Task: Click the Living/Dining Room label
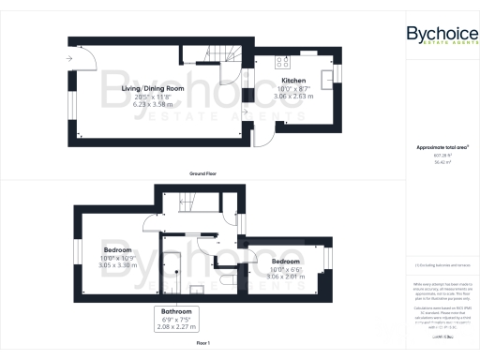coord(152,88)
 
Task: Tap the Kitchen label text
coord(294,81)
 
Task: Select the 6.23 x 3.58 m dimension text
coord(152,103)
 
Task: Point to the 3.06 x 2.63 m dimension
coord(294,96)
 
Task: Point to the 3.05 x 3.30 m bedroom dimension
coord(118,265)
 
